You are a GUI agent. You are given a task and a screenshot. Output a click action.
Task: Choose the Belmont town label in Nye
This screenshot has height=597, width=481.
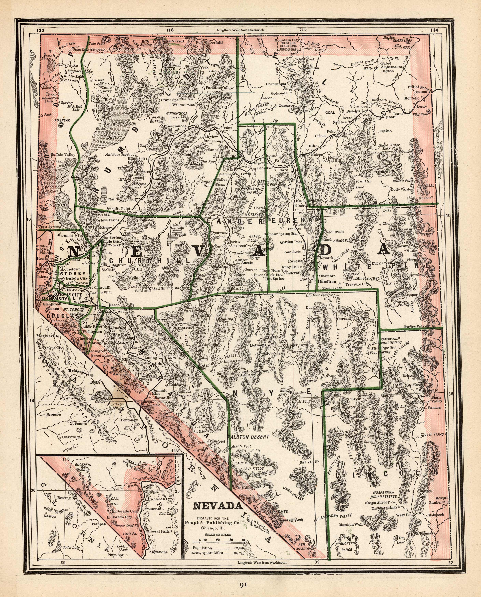(x=258, y=345)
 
